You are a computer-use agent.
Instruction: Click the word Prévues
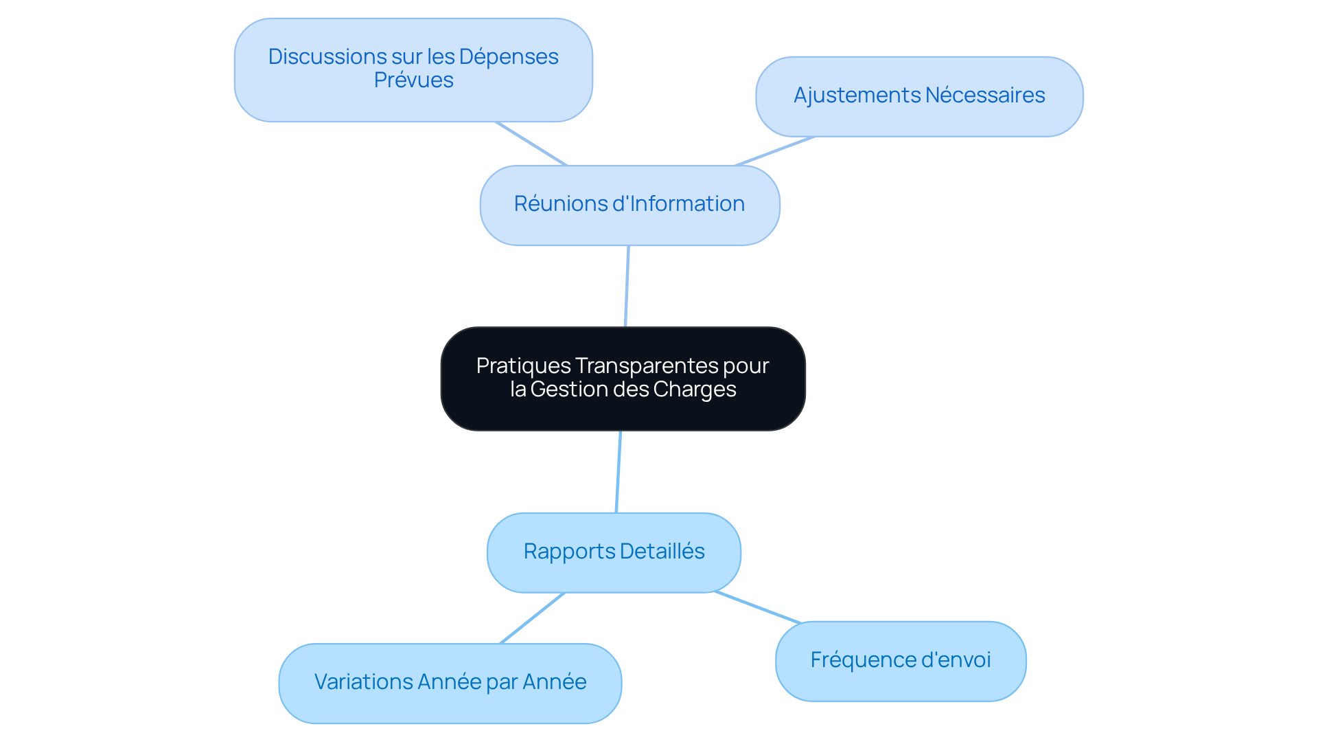click(413, 80)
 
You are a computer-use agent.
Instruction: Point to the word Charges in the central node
click(694, 390)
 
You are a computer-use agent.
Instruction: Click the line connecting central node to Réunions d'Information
click(627, 286)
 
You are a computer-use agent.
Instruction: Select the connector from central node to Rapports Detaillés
click(618, 471)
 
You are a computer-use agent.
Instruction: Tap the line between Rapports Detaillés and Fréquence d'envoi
click(758, 607)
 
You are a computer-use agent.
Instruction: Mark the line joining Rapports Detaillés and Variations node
click(532, 618)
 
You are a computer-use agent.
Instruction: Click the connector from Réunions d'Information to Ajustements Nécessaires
click(774, 151)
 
